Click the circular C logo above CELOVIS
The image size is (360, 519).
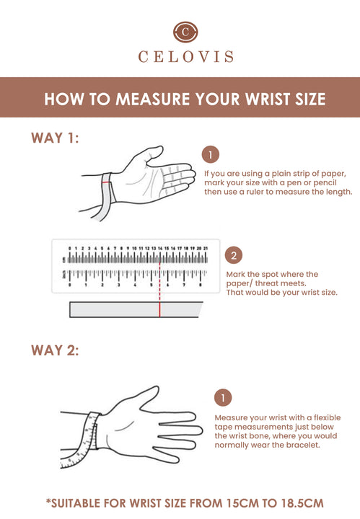[185, 32]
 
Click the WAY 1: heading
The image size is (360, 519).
[55, 138]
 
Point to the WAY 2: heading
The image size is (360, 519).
[55, 350]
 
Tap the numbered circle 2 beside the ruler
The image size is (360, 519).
[234, 255]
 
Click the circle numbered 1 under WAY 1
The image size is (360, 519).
[211, 154]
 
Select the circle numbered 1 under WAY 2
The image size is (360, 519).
[223, 397]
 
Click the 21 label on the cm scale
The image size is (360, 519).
[206, 248]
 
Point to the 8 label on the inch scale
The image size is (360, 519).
[201, 285]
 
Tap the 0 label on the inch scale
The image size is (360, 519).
[69, 285]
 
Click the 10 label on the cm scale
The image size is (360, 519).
[134, 248]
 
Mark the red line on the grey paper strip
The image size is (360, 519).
[159, 309]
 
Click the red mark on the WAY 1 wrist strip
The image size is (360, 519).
[106, 182]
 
